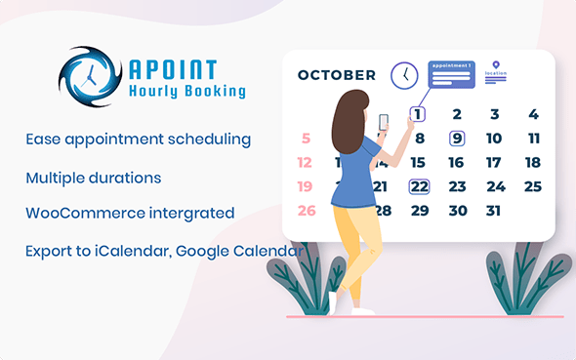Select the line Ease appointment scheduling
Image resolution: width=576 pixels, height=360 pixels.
139,139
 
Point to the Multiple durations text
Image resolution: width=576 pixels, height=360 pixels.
94,179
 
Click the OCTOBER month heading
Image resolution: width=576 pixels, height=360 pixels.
337,75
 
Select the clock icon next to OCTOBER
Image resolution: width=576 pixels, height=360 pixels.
404,75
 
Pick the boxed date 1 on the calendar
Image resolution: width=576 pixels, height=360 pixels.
418,115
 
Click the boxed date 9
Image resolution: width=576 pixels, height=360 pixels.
456,139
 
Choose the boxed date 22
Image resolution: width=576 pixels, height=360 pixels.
420,186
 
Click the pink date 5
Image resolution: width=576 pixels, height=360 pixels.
307,139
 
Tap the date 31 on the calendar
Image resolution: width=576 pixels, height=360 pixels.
494,210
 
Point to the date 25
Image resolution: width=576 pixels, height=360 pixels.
533,186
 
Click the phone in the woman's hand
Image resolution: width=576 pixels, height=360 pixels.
383,122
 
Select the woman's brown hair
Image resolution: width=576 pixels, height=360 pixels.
348,127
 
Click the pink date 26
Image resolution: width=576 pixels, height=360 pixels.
307,210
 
